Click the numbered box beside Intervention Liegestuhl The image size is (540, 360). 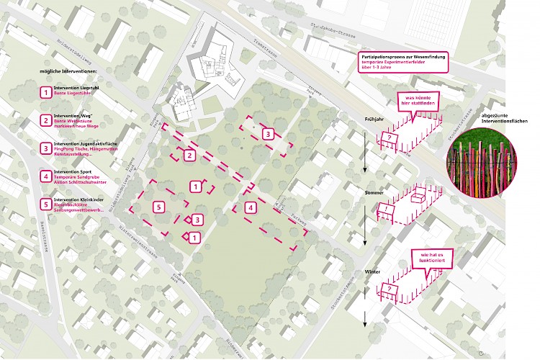[46, 92]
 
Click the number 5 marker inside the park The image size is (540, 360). [159, 207]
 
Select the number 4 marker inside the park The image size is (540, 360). [250, 208]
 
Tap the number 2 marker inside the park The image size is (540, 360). [189, 155]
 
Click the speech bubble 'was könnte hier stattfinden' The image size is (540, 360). [418, 99]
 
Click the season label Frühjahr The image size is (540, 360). [367, 119]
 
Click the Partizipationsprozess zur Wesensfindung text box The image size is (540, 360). [402, 62]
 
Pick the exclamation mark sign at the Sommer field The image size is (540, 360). [387, 212]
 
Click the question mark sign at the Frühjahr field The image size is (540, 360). [390, 136]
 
